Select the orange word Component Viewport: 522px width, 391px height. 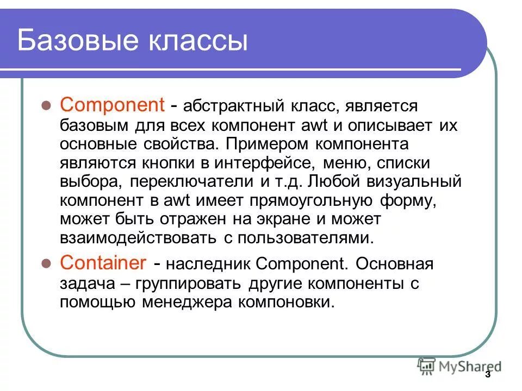point(112,104)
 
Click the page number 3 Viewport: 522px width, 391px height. point(487,375)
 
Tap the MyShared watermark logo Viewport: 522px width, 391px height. point(460,365)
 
